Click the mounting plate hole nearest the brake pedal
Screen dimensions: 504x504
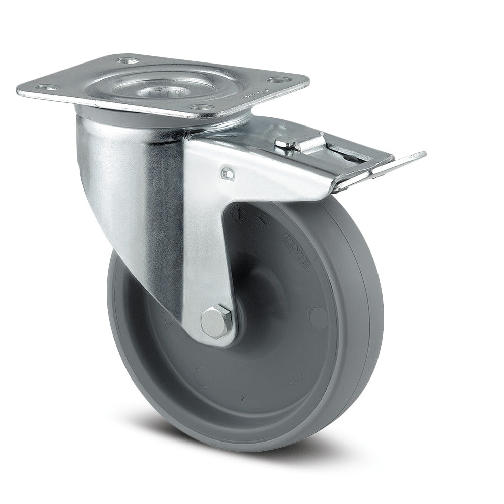276,80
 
